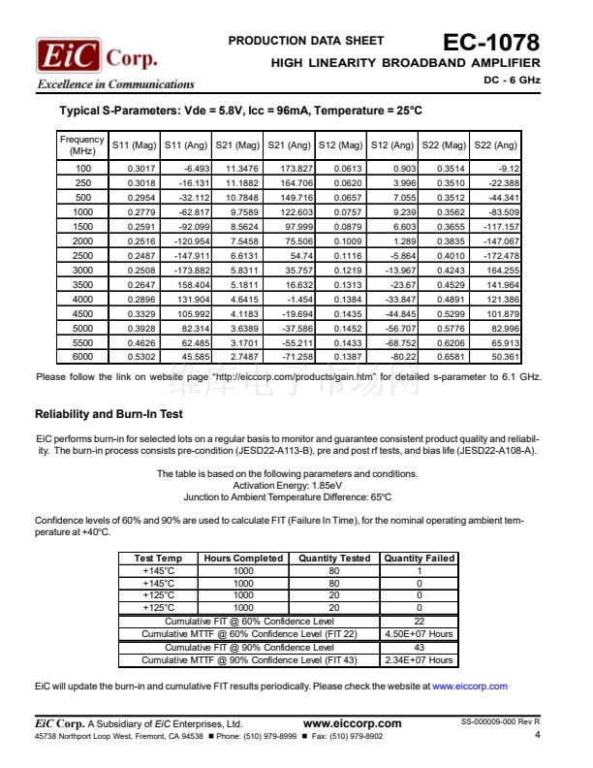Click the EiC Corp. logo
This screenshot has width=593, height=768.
pyautogui.click(x=97, y=56)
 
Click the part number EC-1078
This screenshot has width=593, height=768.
pyautogui.click(x=490, y=43)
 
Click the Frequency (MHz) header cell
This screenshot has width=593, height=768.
pyautogui.click(x=82, y=145)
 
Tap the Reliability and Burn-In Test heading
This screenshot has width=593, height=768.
pyautogui.click(x=109, y=414)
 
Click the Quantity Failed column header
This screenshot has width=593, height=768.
pyautogui.click(x=420, y=558)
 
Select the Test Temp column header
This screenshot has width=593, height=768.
pyautogui.click(x=158, y=558)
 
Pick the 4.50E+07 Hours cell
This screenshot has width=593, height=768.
pyautogui.click(x=420, y=634)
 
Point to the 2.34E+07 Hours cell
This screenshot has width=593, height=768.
pyautogui.click(x=420, y=660)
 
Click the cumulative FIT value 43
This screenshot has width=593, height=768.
pyautogui.click(x=420, y=647)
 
